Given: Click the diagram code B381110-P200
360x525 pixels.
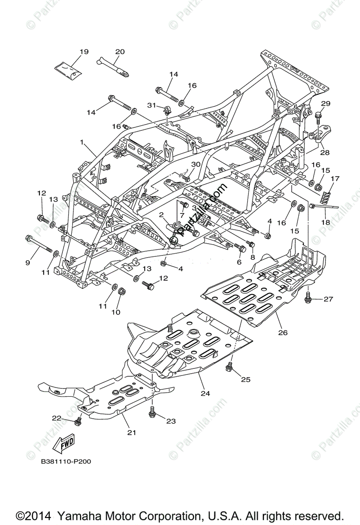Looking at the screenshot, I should pos(66,462).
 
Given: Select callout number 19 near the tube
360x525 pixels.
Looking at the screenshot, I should pos(84,52).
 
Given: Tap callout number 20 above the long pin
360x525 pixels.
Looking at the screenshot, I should pos(119,52).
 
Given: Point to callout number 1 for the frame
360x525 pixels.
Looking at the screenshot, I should pos(81,142).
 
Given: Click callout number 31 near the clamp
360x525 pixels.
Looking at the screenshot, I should pos(151,105).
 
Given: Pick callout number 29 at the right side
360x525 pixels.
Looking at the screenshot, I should pos(326,104).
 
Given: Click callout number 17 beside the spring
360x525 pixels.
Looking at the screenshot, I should pos(335,178).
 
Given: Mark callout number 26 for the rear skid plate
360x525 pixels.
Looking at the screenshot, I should pos(283,332).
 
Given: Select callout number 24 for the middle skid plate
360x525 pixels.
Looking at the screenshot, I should pos(205,393).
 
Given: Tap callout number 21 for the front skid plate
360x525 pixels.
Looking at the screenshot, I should pos(132,433).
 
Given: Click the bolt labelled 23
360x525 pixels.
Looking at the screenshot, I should pos(153,411).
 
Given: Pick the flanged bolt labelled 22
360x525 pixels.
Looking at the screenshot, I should pos(78,421).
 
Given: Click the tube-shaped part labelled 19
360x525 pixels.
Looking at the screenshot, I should pos(68,69).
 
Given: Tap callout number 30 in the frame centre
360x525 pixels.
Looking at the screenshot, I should pos(196,164).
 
